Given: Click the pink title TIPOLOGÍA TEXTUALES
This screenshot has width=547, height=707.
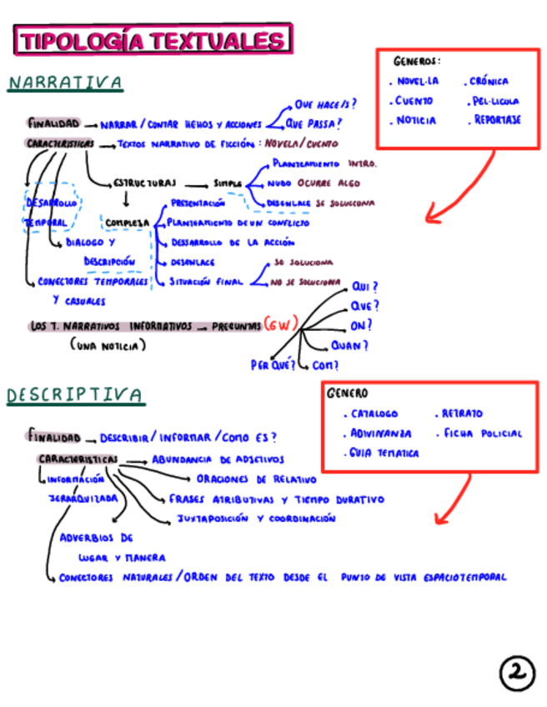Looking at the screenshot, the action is click(x=153, y=40).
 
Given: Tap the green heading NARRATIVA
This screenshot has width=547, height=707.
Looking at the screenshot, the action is click(x=66, y=83).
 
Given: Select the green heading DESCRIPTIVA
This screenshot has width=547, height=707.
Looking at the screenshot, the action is click(x=75, y=394).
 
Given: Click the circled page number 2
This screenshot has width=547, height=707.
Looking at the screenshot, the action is click(x=517, y=673).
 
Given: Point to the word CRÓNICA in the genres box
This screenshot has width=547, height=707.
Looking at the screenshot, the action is click(x=489, y=82).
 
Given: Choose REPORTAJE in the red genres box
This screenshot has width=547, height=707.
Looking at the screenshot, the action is click(x=497, y=119).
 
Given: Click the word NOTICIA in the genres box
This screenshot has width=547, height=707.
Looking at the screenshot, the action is click(x=415, y=120).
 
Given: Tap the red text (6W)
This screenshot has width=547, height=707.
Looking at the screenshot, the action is click(x=280, y=325).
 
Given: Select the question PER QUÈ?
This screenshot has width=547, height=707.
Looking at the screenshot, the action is click(x=273, y=364).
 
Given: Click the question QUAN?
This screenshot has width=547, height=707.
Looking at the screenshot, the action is click(x=349, y=345).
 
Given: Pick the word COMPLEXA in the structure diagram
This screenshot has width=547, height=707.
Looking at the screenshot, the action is click(x=127, y=223).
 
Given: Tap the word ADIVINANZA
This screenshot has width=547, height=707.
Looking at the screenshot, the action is click(x=381, y=434).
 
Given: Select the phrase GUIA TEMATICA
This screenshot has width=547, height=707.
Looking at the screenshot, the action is click(x=384, y=454).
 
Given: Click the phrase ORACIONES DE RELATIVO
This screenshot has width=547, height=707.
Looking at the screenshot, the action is click(x=257, y=479).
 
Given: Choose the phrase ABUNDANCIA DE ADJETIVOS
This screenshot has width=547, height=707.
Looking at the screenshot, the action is click(x=218, y=459).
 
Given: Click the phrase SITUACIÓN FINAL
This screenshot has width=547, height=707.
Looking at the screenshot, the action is click(x=206, y=282).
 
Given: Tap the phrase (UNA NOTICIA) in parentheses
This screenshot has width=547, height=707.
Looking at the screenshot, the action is click(x=108, y=345).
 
